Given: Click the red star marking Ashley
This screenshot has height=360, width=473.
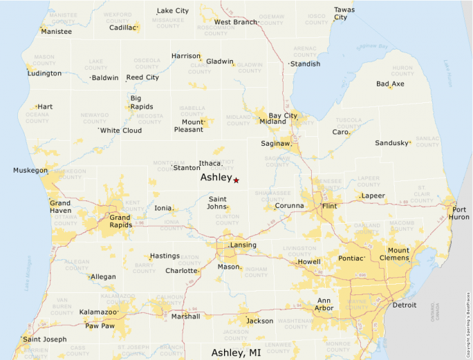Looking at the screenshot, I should [236, 180].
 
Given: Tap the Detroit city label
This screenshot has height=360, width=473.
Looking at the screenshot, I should [405, 305].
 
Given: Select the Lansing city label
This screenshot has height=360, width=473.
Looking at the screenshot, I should [243, 245].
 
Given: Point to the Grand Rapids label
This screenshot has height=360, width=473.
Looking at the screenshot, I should [120, 222].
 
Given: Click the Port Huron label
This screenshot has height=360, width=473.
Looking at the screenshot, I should [460, 213].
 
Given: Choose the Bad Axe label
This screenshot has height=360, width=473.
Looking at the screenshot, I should [390, 84].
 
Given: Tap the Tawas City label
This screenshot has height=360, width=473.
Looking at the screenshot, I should [344, 14].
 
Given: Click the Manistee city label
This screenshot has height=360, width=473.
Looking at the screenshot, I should [56, 32].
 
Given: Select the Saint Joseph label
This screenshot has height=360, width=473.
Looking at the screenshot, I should [45, 339].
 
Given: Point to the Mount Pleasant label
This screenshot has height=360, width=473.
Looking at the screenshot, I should [189, 126].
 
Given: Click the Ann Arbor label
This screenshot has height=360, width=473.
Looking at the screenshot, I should [324, 304].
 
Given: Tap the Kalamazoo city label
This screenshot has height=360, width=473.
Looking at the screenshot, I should [98, 312].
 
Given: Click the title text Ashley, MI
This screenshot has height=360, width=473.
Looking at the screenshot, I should [236, 352].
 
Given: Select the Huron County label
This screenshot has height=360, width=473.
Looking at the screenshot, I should [402, 71].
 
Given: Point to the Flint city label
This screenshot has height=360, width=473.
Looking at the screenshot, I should [330, 206].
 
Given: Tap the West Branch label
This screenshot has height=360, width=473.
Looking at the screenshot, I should [236, 22].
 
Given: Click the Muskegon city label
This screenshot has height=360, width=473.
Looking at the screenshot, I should [30, 170].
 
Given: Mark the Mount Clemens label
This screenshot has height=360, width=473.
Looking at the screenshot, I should [398, 254].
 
